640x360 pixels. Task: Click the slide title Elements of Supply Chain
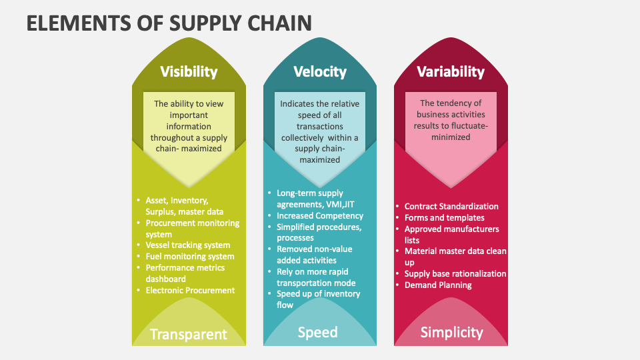(x=169, y=23)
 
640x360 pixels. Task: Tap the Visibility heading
(x=189, y=71)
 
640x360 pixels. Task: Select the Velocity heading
(x=320, y=71)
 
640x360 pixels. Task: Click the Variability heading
(x=451, y=71)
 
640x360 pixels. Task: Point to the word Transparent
(x=189, y=334)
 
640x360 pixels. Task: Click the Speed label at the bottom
(x=317, y=332)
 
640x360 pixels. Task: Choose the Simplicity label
(x=451, y=332)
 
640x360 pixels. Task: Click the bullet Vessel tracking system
(x=188, y=245)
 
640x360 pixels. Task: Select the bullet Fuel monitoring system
(x=190, y=257)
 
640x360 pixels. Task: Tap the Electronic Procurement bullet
(x=190, y=291)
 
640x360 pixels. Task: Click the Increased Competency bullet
(x=320, y=216)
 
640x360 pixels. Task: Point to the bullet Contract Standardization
(x=451, y=207)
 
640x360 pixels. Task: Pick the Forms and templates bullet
(x=445, y=218)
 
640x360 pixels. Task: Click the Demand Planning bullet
(x=438, y=285)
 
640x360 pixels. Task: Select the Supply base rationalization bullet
(x=455, y=274)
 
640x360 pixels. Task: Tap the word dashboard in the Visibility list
(x=166, y=279)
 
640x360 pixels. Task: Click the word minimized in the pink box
(x=451, y=137)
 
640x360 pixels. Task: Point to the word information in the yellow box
(x=189, y=126)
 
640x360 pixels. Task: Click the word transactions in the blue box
(x=319, y=126)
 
